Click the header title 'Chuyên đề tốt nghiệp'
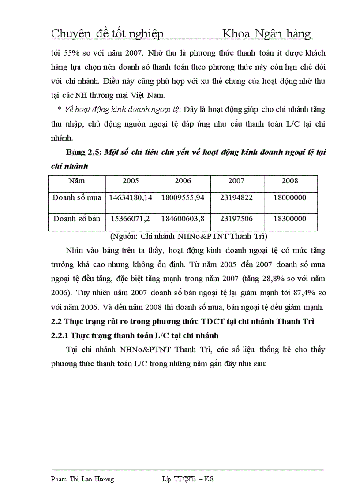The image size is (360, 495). (x=108, y=33)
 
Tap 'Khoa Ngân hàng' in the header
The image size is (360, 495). (x=266, y=33)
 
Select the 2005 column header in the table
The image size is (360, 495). (x=131, y=181)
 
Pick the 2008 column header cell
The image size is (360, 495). (x=291, y=181)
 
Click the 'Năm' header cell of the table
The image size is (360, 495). (x=77, y=181)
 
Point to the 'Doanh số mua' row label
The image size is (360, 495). (x=77, y=197)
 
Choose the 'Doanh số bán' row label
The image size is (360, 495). (x=77, y=219)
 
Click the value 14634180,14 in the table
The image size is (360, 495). (x=131, y=197)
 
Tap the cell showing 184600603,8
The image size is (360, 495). (x=183, y=219)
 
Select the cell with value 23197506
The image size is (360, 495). (x=237, y=219)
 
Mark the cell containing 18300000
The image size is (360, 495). (x=291, y=219)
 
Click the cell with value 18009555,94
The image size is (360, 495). (x=183, y=197)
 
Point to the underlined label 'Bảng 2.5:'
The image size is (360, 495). (x=84, y=153)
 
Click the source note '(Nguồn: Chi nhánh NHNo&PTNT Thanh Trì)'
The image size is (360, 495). (x=188, y=236)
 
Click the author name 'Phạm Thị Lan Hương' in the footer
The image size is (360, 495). (x=82, y=479)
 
